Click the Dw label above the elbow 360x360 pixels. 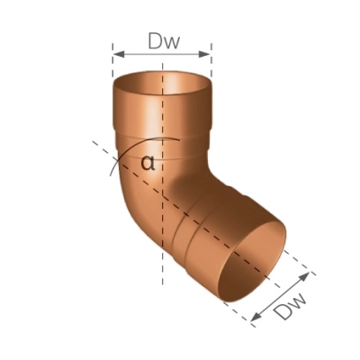[x=163, y=40]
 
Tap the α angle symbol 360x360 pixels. [x=148, y=163]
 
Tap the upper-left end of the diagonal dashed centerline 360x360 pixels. [x=94, y=142]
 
